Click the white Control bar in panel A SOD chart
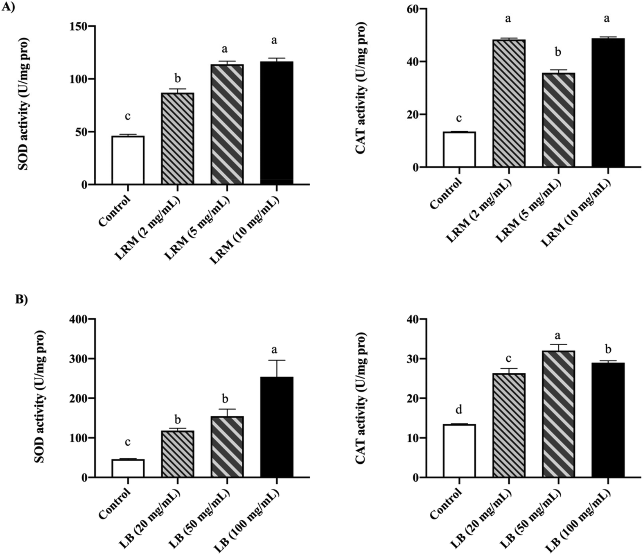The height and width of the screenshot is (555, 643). point(128,160)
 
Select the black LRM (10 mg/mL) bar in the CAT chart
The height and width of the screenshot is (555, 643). point(608,102)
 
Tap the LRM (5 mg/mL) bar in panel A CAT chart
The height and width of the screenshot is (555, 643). point(558,120)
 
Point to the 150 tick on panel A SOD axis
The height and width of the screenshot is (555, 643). point(80,26)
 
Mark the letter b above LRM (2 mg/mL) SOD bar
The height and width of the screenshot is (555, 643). point(177,78)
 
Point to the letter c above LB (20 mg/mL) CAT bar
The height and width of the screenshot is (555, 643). point(508,358)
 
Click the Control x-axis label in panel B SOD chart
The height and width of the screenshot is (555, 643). point(115,503)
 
